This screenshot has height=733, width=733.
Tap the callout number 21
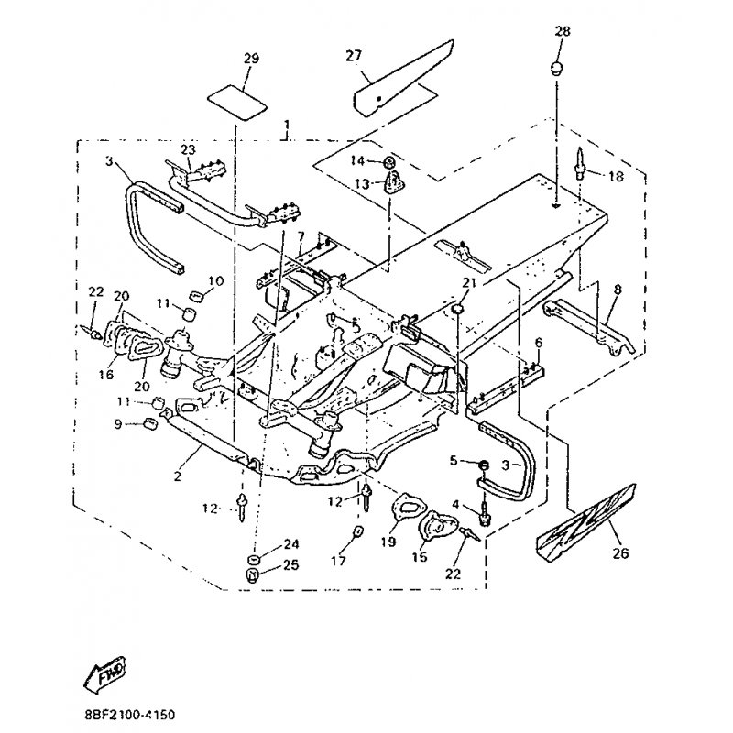click(468, 282)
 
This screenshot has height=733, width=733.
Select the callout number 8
click(616, 290)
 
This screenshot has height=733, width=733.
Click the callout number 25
click(291, 565)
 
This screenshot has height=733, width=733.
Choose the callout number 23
click(188, 149)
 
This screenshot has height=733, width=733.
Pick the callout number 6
click(539, 343)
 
